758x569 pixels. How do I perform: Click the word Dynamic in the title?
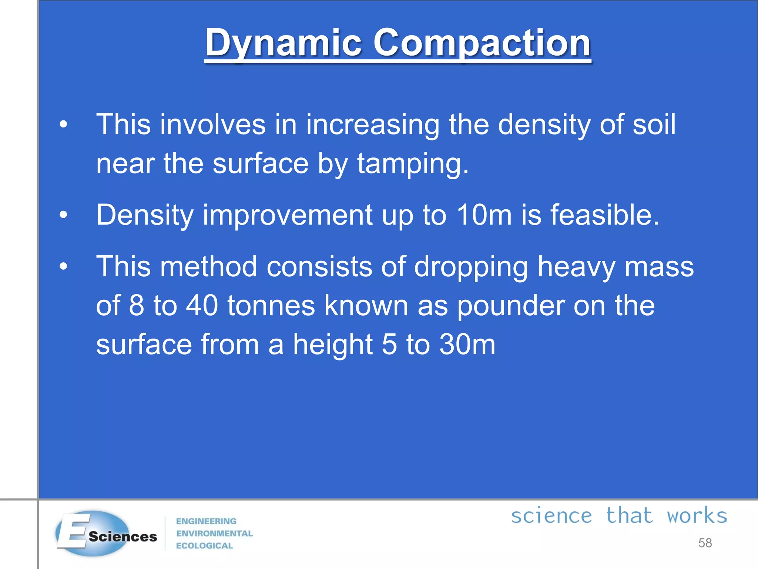point(283,43)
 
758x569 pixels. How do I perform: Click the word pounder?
point(511,306)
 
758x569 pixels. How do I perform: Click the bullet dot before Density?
point(64,215)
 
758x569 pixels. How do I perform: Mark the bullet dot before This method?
point(64,266)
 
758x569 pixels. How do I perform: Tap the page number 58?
point(705,543)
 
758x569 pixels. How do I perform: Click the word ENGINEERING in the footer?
point(206,521)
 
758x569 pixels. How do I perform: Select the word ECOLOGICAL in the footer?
point(204,546)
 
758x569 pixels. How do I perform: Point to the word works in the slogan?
point(697,516)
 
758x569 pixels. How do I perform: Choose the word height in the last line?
point(333,345)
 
